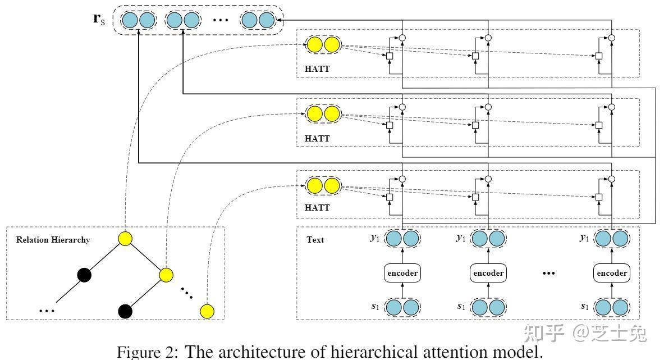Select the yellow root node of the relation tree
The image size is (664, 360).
(x=125, y=239)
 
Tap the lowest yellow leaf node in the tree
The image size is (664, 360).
(x=208, y=311)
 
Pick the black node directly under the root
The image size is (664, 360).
(x=84, y=275)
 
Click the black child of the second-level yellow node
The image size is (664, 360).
(x=125, y=311)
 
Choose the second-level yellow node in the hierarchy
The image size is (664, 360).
(x=166, y=275)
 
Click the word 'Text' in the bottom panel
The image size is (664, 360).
(x=315, y=240)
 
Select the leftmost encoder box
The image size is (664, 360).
(x=402, y=273)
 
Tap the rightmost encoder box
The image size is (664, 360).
(x=611, y=273)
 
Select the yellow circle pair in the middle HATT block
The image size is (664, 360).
(x=323, y=114)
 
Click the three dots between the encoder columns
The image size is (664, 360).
(x=549, y=274)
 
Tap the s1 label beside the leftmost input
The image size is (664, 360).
(x=375, y=307)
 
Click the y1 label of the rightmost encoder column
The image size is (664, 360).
(x=584, y=238)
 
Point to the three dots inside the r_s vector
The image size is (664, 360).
(x=221, y=21)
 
